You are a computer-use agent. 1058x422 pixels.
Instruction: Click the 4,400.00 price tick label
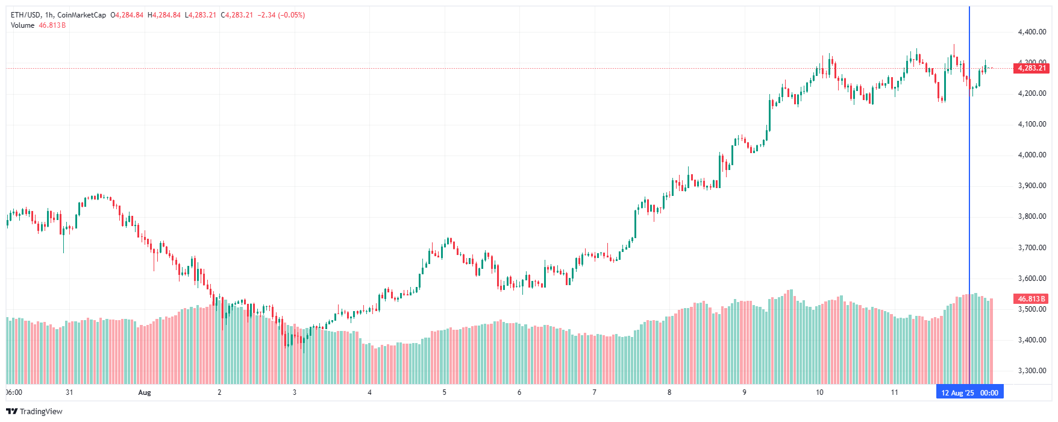point(1031,32)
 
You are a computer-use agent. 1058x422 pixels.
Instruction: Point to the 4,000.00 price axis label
point(1031,155)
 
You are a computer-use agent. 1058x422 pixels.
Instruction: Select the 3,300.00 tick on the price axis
point(1031,371)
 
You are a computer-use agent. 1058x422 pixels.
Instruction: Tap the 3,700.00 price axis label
point(1031,248)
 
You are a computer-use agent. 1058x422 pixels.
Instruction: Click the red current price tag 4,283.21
point(1031,68)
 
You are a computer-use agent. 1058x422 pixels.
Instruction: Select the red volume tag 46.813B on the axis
point(1031,299)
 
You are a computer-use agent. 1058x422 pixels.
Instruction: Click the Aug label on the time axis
point(145,392)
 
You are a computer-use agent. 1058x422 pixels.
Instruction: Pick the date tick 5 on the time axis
point(445,392)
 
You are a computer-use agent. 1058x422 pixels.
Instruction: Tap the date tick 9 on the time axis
point(744,392)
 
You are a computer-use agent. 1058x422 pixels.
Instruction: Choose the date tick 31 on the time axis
point(69,392)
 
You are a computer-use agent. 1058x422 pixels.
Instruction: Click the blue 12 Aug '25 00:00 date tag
point(969,393)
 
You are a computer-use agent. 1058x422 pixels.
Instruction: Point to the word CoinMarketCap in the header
point(81,15)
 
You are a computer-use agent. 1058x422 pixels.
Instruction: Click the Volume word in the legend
point(22,25)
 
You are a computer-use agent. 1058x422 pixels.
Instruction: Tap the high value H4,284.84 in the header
point(164,15)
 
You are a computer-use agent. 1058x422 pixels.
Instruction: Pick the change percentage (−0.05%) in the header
point(293,15)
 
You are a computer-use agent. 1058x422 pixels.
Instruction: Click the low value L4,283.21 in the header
point(201,15)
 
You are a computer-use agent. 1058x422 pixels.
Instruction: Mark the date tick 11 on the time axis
point(894,392)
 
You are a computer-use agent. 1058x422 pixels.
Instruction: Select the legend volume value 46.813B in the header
point(52,25)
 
